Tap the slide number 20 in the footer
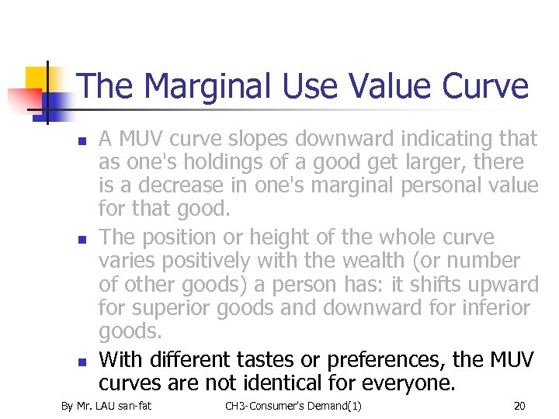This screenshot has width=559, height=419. pos(519,406)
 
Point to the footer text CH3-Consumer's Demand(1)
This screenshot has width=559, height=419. pos(293,406)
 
